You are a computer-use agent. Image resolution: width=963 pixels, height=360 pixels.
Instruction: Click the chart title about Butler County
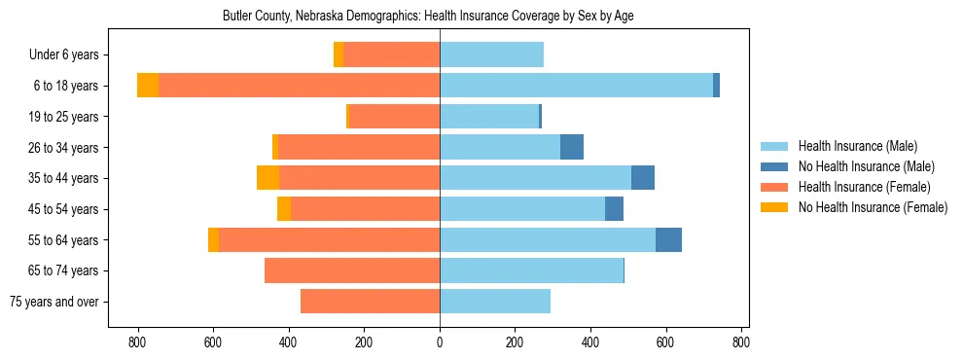[428, 17]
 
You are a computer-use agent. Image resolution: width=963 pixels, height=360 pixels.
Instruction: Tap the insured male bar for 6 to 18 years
[576, 86]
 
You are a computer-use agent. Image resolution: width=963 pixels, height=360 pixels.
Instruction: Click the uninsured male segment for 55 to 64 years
[668, 239]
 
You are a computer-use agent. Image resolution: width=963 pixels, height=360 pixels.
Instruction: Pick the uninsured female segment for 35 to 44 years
[267, 178]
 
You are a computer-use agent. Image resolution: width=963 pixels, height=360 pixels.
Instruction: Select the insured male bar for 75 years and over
[495, 302]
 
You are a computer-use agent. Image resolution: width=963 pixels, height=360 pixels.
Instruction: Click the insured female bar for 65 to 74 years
[352, 270]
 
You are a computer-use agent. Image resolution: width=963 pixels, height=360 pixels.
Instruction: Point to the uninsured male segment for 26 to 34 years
[572, 147]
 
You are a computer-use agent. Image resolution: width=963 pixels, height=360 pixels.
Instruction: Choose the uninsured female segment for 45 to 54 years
[284, 209]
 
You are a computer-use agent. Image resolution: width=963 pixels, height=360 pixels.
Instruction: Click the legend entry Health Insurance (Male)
[857, 146]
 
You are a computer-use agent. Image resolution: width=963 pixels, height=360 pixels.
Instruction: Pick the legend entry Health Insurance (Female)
[864, 187]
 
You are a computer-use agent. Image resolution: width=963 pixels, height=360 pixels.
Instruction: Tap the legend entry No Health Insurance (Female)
[873, 207]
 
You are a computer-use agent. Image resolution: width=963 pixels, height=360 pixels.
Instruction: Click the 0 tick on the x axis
[440, 342]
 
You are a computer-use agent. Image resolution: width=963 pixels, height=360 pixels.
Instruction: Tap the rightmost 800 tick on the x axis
[740, 342]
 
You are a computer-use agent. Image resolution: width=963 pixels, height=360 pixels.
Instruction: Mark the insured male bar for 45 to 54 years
[522, 209]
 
